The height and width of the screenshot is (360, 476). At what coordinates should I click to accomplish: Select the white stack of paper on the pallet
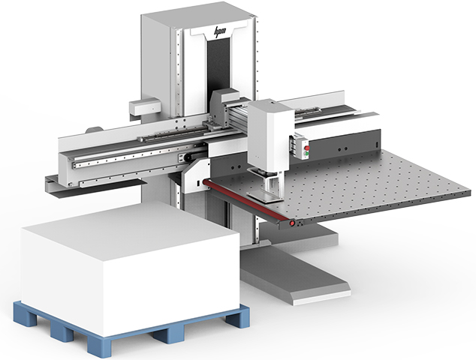coord(128,262)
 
